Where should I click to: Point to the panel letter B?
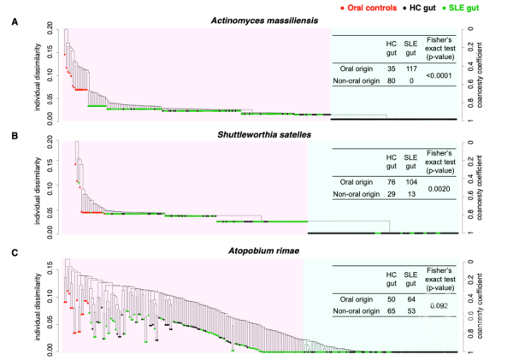tap(11, 135)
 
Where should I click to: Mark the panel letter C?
tap(11, 251)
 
